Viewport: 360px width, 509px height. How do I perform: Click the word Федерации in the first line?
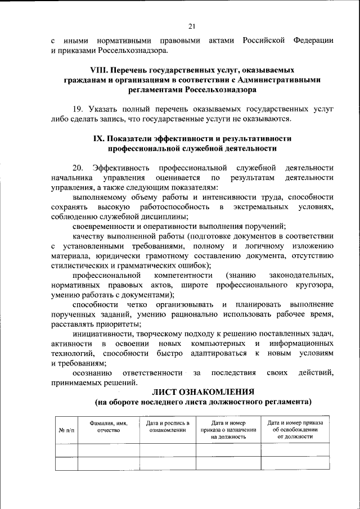coord(312,41)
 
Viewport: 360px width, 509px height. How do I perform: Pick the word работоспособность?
coord(175,208)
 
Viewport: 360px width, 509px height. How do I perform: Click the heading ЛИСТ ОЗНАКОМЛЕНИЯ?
coord(202,391)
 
